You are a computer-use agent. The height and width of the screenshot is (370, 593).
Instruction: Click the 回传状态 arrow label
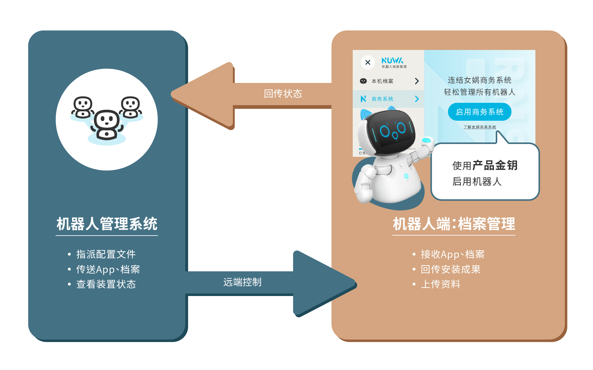click(x=283, y=94)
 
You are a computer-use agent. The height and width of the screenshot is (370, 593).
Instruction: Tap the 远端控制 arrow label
click(x=242, y=282)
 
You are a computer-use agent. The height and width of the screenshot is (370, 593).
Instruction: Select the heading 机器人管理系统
click(x=107, y=224)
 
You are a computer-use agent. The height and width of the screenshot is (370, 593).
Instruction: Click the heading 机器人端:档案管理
click(x=454, y=224)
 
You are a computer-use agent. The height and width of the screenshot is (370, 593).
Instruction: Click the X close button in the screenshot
click(x=368, y=62)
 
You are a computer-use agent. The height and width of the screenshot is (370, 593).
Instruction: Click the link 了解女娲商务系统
click(x=480, y=127)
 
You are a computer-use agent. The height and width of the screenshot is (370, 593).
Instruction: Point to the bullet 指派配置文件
click(x=106, y=254)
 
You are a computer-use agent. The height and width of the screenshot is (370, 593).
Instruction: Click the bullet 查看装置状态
click(x=106, y=284)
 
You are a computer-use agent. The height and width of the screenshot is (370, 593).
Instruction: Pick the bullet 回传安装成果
click(x=451, y=269)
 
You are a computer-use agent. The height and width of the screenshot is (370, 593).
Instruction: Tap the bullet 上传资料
click(x=441, y=284)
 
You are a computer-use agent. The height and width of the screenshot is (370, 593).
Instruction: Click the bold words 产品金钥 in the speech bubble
click(x=495, y=166)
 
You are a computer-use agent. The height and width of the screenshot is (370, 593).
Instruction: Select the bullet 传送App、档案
click(x=108, y=269)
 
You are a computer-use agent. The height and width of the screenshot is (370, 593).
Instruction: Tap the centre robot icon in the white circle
click(x=107, y=125)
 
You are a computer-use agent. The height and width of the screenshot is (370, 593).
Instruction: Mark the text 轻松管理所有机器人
click(x=480, y=92)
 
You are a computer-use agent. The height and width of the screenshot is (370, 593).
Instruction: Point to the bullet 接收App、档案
click(x=453, y=254)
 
